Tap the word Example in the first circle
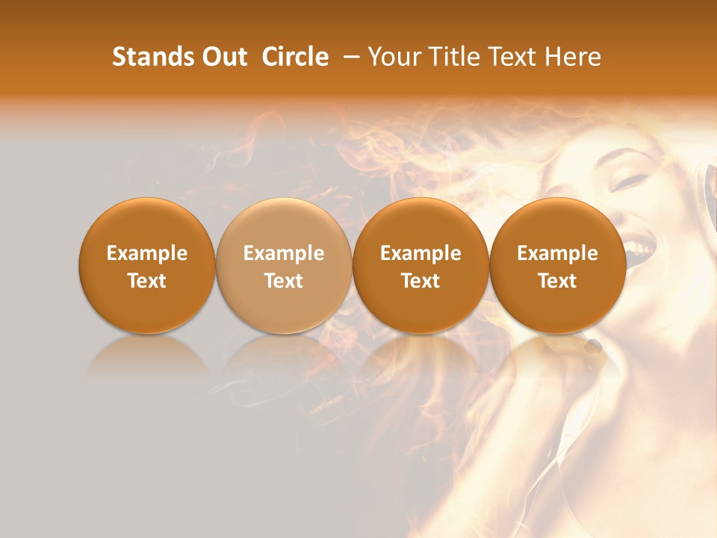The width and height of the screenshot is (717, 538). click(147, 253)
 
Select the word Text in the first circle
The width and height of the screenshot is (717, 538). click(147, 280)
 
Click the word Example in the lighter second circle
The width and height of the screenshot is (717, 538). click(284, 253)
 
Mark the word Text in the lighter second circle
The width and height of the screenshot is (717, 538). click(284, 280)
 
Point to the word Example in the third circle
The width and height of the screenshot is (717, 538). click(420, 253)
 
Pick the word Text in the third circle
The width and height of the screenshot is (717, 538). click(420, 280)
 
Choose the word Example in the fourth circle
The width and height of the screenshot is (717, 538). click(557, 253)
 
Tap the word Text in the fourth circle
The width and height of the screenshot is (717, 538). click(557, 280)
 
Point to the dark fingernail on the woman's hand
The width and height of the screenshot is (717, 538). click(594, 345)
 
